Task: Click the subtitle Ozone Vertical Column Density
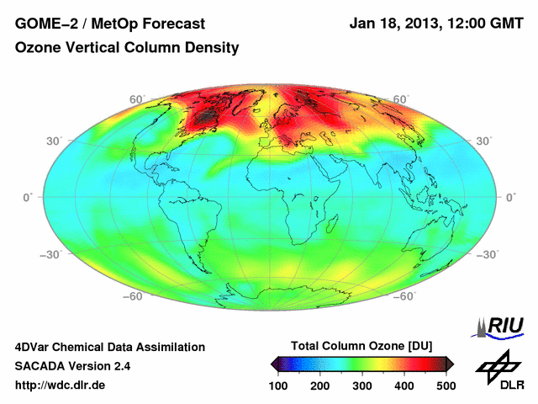127,48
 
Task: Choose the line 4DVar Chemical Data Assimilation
110,347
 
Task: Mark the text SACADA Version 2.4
72,366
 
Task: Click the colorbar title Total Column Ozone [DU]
361,346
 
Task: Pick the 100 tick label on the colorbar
279,385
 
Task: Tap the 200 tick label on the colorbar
320,385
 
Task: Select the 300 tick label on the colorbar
362,385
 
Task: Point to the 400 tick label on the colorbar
403,385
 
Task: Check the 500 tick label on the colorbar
446,385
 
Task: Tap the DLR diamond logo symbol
493,364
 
